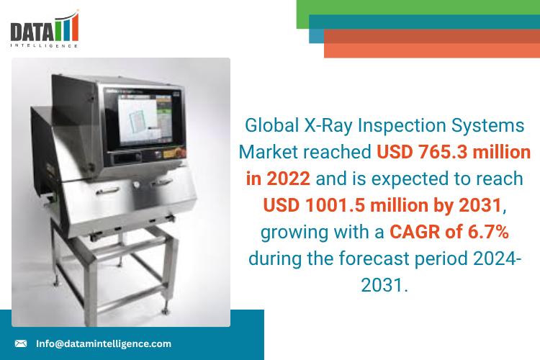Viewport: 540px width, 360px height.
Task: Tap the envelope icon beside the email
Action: tap(21, 344)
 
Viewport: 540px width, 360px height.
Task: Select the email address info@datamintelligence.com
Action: tap(104, 344)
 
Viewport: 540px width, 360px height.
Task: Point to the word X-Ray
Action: tap(332, 125)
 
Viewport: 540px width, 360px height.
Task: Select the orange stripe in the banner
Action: tap(432, 48)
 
